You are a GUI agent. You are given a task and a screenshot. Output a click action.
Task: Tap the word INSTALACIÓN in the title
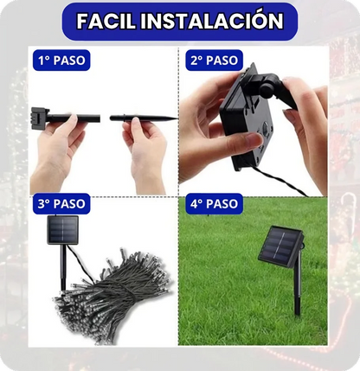[x=222, y=21]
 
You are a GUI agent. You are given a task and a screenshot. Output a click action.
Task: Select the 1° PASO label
[x=61, y=61]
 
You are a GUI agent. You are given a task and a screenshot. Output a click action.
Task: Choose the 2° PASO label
[x=213, y=61]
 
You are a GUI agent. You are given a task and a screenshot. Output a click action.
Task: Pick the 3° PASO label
[x=61, y=205]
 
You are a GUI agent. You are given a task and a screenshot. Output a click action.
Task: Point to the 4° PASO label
[x=213, y=205]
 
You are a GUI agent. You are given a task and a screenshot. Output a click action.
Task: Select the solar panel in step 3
[x=63, y=229]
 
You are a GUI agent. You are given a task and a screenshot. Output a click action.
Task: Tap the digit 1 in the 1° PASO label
[x=41, y=61]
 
